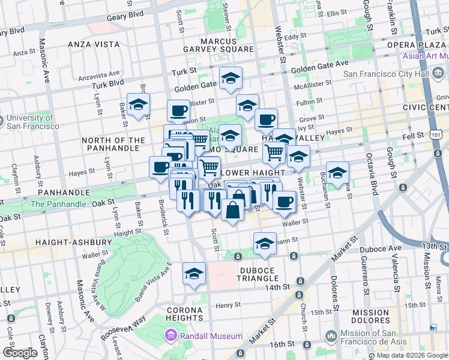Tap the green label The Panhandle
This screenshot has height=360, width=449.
[58, 204]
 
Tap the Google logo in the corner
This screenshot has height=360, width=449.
[20, 352]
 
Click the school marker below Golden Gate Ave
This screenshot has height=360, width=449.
[229, 80]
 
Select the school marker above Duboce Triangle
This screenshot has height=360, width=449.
[264, 244]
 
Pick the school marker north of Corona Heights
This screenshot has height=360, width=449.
[194, 274]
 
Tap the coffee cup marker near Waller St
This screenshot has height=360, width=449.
[284, 202]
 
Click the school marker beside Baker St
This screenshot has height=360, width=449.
[138, 105]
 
